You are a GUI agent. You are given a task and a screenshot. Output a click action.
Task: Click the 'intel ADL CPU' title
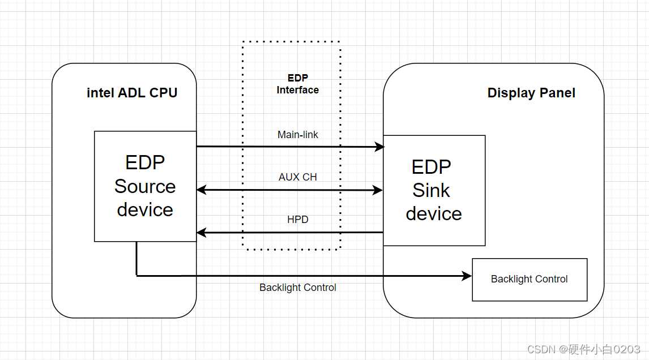[132, 93]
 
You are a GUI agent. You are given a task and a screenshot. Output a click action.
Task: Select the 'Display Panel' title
[531, 93]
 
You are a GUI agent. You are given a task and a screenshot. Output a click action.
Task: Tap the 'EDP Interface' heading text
[297, 84]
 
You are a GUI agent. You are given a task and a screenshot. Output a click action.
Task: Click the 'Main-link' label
[298, 135]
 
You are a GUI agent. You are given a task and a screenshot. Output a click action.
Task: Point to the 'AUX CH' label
[298, 177]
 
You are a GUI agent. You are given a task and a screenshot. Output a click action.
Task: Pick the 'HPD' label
[298, 219]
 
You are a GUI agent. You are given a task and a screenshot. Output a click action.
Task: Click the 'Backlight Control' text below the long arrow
[298, 288]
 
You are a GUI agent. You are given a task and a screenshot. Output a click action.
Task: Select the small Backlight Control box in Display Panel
[530, 279]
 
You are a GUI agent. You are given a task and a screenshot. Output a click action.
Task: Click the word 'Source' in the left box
[145, 186]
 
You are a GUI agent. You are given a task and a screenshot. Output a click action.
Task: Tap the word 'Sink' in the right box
[431, 190]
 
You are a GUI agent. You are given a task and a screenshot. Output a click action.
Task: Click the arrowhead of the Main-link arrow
[380, 147]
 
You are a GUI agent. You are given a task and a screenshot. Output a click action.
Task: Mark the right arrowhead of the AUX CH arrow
[379, 190]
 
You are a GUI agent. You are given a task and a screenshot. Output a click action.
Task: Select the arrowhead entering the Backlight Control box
[467, 276]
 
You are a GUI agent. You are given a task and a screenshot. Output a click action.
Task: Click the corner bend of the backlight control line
[136, 276]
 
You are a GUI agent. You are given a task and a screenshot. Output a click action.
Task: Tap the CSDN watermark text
[583, 349]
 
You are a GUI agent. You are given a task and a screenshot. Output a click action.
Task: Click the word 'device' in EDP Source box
[145, 209]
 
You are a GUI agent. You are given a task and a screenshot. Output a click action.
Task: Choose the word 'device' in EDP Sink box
[434, 213]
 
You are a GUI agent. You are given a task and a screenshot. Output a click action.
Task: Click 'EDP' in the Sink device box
[431, 167]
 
